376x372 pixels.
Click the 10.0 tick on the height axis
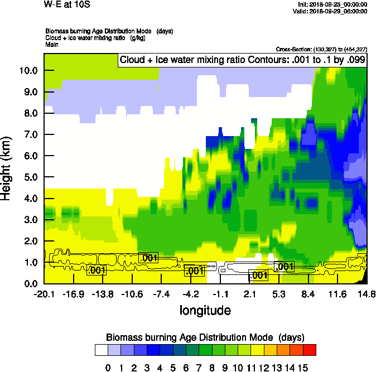click(x=28, y=71)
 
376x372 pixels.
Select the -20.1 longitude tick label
click(x=44, y=294)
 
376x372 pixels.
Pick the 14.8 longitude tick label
click(x=367, y=294)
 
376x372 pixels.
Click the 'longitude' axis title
click(x=205, y=310)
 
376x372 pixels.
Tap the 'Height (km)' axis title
click(x=7, y=169)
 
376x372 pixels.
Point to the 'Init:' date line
click(x=333, y=4)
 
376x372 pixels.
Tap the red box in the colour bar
click(x=310, y=350)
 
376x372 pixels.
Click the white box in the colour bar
click(x=101, y=350)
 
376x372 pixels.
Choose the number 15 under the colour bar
click(x=302, y=368)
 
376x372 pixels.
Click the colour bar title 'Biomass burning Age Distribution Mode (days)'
click(x=205, y=337)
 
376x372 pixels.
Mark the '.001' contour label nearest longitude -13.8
click(x=97, y=270)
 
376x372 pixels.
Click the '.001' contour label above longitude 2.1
click(x=258, y=276)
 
